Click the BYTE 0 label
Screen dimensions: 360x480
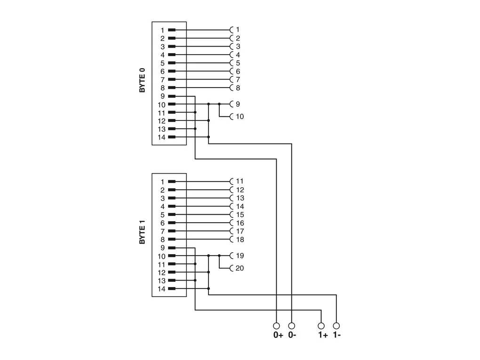(x=142, y=80)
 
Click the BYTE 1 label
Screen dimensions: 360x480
(x=142, y=232)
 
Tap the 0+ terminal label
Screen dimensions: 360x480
(x=278, y=336)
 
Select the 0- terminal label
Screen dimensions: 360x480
(x=292, y=336)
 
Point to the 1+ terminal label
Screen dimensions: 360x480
(x=323, y=336)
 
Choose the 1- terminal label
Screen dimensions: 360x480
(x=336, y=336)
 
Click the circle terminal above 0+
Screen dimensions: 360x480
(x=276, y=326)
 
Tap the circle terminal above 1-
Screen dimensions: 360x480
(x=336, y=326)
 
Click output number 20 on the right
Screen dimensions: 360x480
(x=240, y=268)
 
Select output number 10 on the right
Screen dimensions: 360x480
(x=240, y=116)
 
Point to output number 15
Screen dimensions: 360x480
(x=240, y=215)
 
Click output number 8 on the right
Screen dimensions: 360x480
(x=238, y=88)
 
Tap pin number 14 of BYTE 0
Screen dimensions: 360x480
(x=161, y=137)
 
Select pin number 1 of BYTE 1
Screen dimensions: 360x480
(x=162, y=182)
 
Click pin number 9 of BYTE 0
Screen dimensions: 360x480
(x=162, y=96)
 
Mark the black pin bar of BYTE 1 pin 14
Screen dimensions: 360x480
(x=172, y=288)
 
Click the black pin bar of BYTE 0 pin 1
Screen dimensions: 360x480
(x=172, y=30)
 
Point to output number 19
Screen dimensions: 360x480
(x=240, y=256)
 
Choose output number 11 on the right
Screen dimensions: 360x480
(x=240, y=181)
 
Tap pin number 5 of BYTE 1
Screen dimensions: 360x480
(x=162, y=215)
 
